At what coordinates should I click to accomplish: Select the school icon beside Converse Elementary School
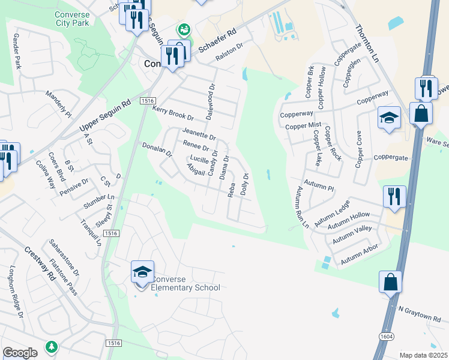coord(143,273)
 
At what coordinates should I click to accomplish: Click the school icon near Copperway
coord(389,118)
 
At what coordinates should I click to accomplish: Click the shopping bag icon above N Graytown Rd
coord(390,281)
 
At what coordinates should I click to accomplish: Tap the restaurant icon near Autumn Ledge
coord(394,196)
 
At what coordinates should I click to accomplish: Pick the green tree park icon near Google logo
coord(52,346)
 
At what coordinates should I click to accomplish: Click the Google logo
coord(20,353)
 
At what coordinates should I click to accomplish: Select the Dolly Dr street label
coord(244,184)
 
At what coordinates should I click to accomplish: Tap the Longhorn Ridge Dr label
coord(16,291)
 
